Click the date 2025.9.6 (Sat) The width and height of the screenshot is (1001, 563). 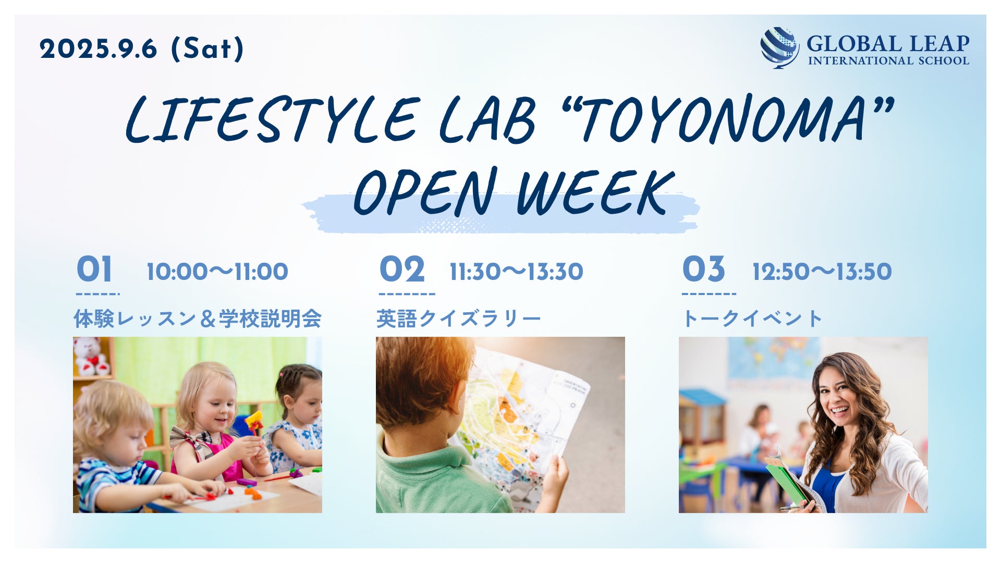point(142,49)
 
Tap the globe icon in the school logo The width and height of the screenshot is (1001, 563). point(779,47)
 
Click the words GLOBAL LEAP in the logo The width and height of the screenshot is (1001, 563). point(888,44)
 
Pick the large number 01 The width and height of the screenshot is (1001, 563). point(94,270)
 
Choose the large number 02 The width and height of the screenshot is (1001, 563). point(402,270)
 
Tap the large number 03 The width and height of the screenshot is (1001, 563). point(704,270)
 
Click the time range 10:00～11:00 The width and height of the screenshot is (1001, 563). point(217,272)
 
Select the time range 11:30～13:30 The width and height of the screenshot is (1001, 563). point(516,272)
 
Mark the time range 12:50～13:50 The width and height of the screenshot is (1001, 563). point(822,272)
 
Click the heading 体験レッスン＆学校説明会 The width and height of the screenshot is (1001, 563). point(198,319)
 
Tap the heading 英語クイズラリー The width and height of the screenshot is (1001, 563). point(459,319)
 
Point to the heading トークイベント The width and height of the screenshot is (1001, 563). point(752,319)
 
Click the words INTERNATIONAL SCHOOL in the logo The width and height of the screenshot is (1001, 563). point(888,60)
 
